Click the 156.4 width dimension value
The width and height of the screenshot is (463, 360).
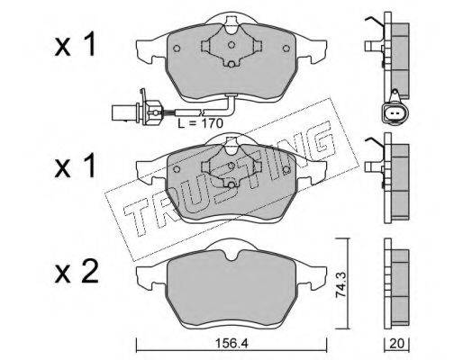click(x=231, y=343)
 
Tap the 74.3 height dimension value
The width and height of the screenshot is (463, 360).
click(x=341, y=284)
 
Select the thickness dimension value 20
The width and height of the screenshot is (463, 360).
click(x=396, y=344)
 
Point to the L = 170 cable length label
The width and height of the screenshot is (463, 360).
click(x=200, y=123)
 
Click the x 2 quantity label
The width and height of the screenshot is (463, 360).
click(x=77, y=272)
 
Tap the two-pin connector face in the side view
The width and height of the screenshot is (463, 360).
click(x=393, y=113)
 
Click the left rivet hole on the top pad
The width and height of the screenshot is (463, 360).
click(x=177, y=49)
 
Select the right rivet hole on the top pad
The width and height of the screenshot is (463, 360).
click(x=286, y=49)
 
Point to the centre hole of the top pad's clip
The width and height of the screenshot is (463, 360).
click(x=231, y=45)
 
